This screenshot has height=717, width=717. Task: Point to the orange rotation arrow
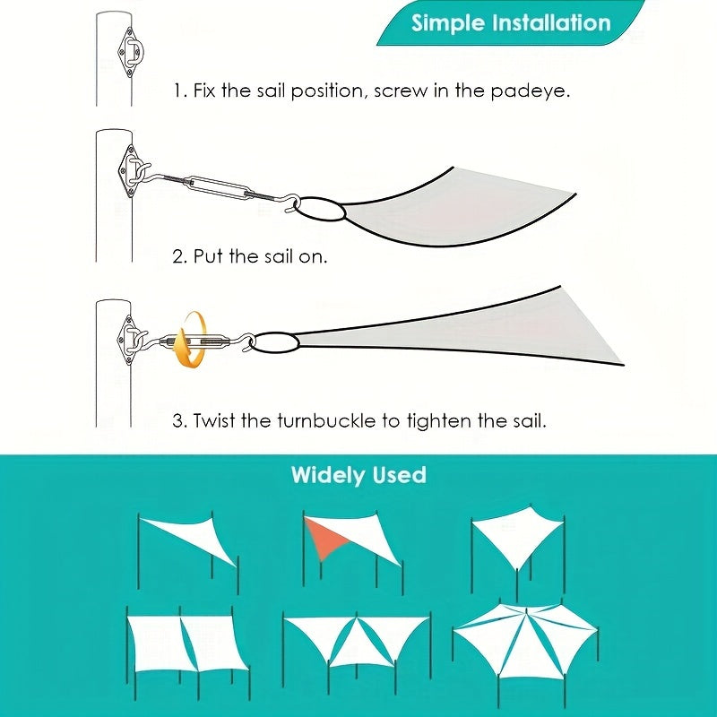tap(190, 340)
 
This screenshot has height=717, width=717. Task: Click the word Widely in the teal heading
tap(328, 475)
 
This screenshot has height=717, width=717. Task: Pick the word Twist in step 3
tap(214, 420)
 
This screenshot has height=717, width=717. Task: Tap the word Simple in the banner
tap(447, 23)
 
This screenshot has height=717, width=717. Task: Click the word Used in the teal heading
tap(399, 475)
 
